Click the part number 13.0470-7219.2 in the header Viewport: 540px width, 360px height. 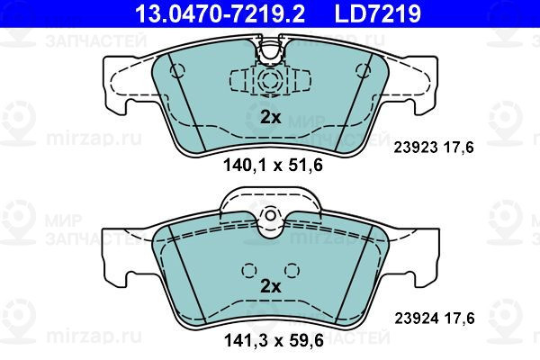click(220, 13)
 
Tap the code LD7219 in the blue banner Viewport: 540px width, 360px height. click(377, 13)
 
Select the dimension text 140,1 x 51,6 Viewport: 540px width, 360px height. click(273, 166)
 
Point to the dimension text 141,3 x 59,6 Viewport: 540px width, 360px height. click(274, 341)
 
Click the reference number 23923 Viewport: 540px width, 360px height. click(415, 148)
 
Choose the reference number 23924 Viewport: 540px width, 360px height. click(416, 319)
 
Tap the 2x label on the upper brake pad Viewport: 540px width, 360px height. click(270, 118)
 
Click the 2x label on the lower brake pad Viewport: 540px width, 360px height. click(270, 286)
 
